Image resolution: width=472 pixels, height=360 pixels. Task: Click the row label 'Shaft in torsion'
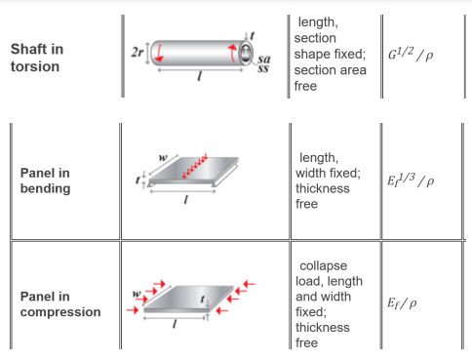coord(37,58)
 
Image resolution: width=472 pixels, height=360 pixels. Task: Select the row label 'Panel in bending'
coord(45,180)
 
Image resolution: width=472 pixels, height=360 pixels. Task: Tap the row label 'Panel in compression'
coord(59,303)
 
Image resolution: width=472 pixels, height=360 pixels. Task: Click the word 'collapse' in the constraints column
coord(322,265)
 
